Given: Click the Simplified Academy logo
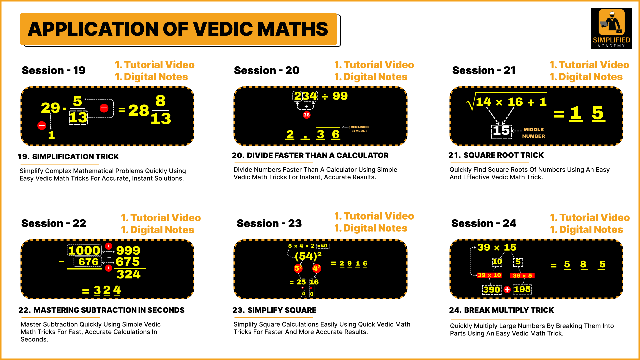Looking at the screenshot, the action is pos(611,28).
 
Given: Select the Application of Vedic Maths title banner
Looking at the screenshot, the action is pos(179,29).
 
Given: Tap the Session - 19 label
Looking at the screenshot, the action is pos(54,70).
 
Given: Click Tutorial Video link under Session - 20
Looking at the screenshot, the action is pos(374,65).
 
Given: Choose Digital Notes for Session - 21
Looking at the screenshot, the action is pos(586,77).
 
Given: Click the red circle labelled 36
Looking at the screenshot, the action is pos(306,115).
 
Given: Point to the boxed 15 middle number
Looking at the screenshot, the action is pos(501,131).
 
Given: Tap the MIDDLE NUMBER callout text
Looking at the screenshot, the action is pos(534,133).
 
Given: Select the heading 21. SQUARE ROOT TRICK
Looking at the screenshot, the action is pos(496,155).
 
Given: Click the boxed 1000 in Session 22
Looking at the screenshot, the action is pos(84,250).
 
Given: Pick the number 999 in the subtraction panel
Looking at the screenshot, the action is pos(128,250).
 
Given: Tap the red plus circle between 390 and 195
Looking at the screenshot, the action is pos(507,289).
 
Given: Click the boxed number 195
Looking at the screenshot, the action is pos(522,289).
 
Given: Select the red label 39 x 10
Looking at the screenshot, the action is pos(489,275).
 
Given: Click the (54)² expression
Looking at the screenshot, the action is pos(308,256).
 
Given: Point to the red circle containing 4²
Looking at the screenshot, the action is pos(317,268).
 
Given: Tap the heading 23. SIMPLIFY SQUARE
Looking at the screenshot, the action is pos(274,310).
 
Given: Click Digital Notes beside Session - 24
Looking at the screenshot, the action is pos(587,230).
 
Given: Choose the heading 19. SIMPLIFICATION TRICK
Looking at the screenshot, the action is pos(68,157).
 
